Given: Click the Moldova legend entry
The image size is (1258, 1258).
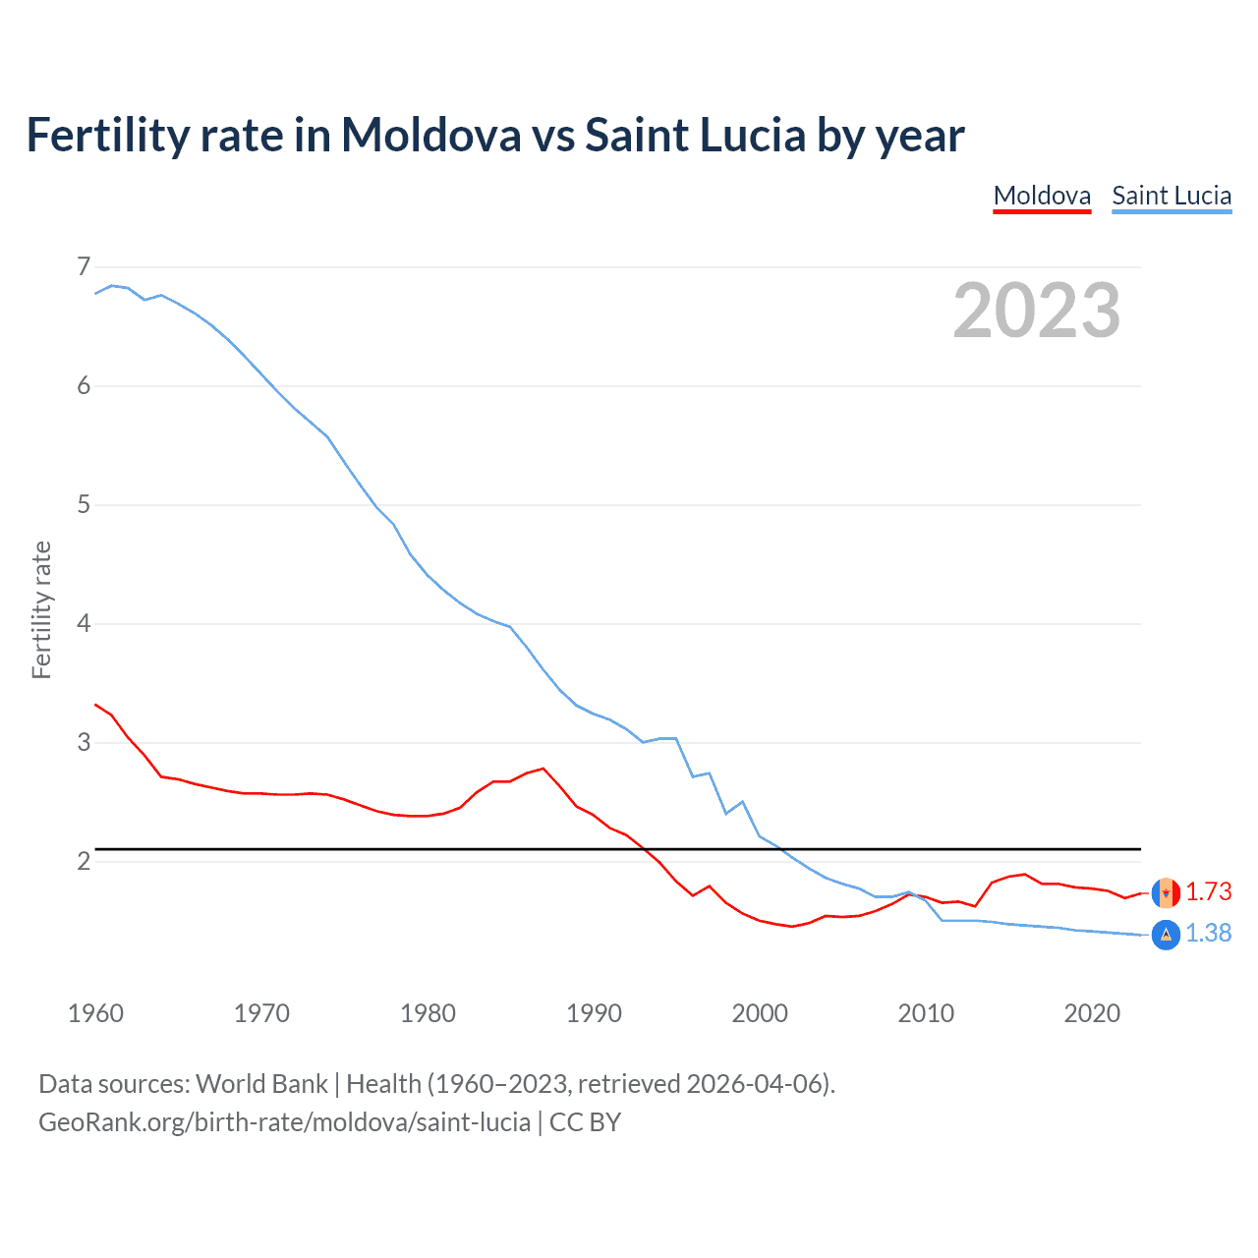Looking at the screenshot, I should coord(1042,196).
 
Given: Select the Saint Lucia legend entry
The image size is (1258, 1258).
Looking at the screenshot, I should coord(1172,196).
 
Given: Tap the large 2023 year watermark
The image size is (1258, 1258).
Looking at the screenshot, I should coord(1037,311).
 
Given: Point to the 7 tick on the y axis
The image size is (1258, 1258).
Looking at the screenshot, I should coord(84,266).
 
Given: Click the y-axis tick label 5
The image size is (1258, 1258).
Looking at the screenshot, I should coord(84,505).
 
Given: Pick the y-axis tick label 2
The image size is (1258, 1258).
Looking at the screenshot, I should coord(84,862).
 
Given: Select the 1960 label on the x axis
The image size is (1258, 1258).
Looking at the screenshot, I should coord(95,1013).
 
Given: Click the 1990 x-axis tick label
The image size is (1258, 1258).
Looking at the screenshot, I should coord(594,1013).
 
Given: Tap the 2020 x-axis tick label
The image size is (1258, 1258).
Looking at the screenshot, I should coord(1092,1013).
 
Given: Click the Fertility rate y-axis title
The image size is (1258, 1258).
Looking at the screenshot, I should coord(41,609).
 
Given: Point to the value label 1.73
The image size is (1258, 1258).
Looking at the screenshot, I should coord(1208,891).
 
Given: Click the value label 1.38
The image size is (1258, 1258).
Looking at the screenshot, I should coord(1208,933).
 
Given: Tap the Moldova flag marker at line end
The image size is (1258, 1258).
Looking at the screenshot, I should coord(1166,892).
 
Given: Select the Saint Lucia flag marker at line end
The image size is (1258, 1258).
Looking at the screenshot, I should coord(1166,935).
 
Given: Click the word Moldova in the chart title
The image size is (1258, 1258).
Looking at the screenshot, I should coord(430,135).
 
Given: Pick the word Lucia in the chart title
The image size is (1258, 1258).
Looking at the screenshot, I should coord(752,135).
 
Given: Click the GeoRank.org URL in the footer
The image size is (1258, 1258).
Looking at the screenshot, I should coord(284,1121).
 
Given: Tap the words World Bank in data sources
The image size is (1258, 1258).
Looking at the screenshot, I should coord(261,1083).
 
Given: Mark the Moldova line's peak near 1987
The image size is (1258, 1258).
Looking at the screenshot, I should coord(543,769).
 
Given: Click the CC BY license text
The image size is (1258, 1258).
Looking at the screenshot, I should coord(585,1121).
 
